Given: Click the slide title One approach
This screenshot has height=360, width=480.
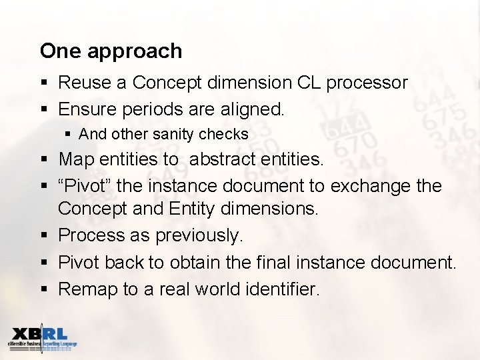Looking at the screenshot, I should (x=111, y=51).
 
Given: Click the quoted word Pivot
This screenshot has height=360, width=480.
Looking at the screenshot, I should (x=87, y=185).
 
